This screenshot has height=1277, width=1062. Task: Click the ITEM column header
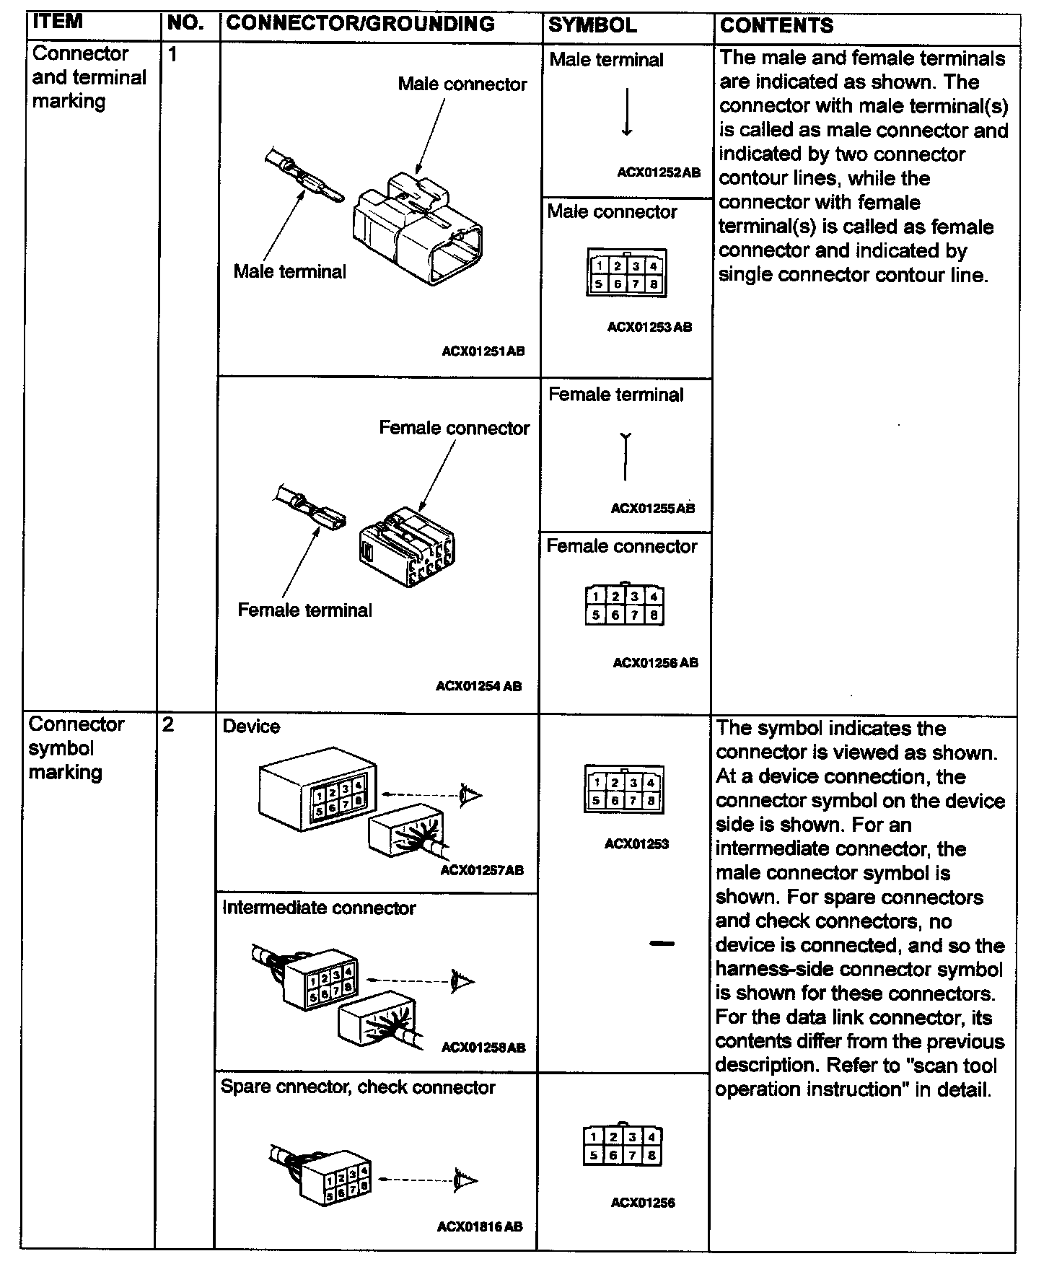click(x=58, y=22)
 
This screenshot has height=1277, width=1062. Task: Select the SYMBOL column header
click(x=592, y=25)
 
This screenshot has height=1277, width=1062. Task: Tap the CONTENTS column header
click(x=776, y=26)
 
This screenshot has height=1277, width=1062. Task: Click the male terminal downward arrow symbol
click(x=627, y=113)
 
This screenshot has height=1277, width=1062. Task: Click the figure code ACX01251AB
click(x=483, y=352)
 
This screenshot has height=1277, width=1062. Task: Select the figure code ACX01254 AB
click(x=478, y=686)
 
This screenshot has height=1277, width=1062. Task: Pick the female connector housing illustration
click(x=407, y=548)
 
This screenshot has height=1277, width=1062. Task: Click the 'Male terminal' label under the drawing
click(x=289, y=272)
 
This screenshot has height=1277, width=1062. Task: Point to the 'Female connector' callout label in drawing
click(x=454, y=429)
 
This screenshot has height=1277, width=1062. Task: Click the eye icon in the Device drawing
click(x=471, y=795)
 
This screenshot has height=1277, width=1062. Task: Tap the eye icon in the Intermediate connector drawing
click(x=463, y=980)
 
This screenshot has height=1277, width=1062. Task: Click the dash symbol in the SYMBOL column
click(x=661, y=943)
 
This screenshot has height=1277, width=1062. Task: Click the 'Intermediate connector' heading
click(x=318, y=908)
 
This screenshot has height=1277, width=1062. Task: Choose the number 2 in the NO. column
click(x=168, y=724)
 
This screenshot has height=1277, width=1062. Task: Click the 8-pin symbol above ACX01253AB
click(x=626, y=273)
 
